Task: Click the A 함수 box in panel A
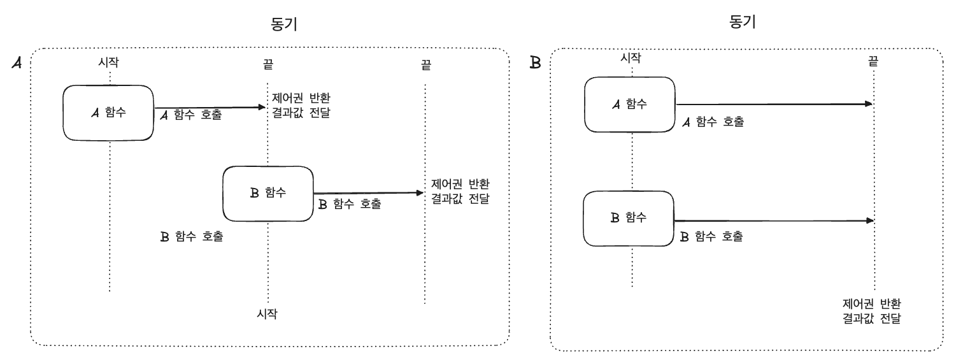108,113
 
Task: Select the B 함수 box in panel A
268,194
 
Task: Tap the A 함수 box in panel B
630,104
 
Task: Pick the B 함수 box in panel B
629,219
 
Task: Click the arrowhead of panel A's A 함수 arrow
263,108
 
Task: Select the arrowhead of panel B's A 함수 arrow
869,103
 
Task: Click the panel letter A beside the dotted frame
17,64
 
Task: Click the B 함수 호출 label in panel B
712,236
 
